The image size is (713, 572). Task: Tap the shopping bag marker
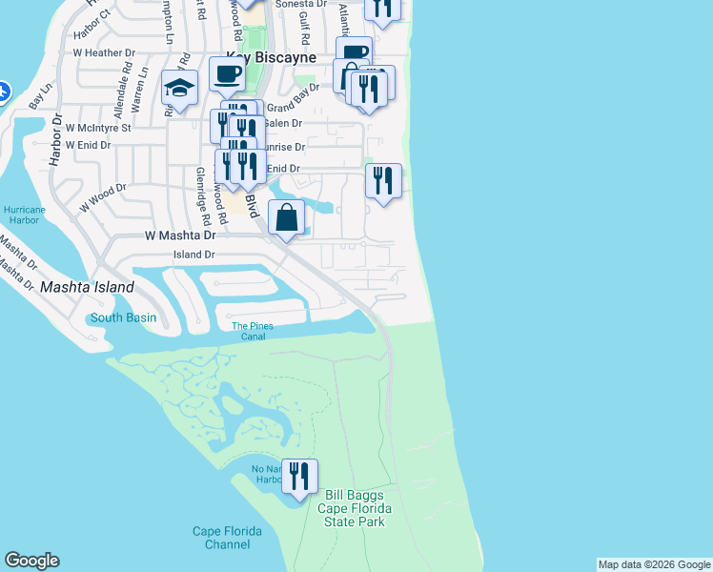pos(287,218)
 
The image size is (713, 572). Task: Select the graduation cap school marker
pos(179,89)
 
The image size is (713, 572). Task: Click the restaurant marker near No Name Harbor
pos(299,477)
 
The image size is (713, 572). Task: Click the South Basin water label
pos(123,317)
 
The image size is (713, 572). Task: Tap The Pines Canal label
pos(254,332)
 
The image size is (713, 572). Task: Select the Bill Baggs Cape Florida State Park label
pos(355,508)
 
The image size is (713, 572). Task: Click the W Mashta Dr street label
pos(181,235)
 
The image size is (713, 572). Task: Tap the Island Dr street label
pos(194,255)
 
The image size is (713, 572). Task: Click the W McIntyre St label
pos(98,126)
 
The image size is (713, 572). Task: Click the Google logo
pos(31,561)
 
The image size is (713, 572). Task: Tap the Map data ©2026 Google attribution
pos(654,564)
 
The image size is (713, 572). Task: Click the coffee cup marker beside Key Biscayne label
pos(227,72)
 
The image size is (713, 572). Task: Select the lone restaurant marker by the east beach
pos(383,180)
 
